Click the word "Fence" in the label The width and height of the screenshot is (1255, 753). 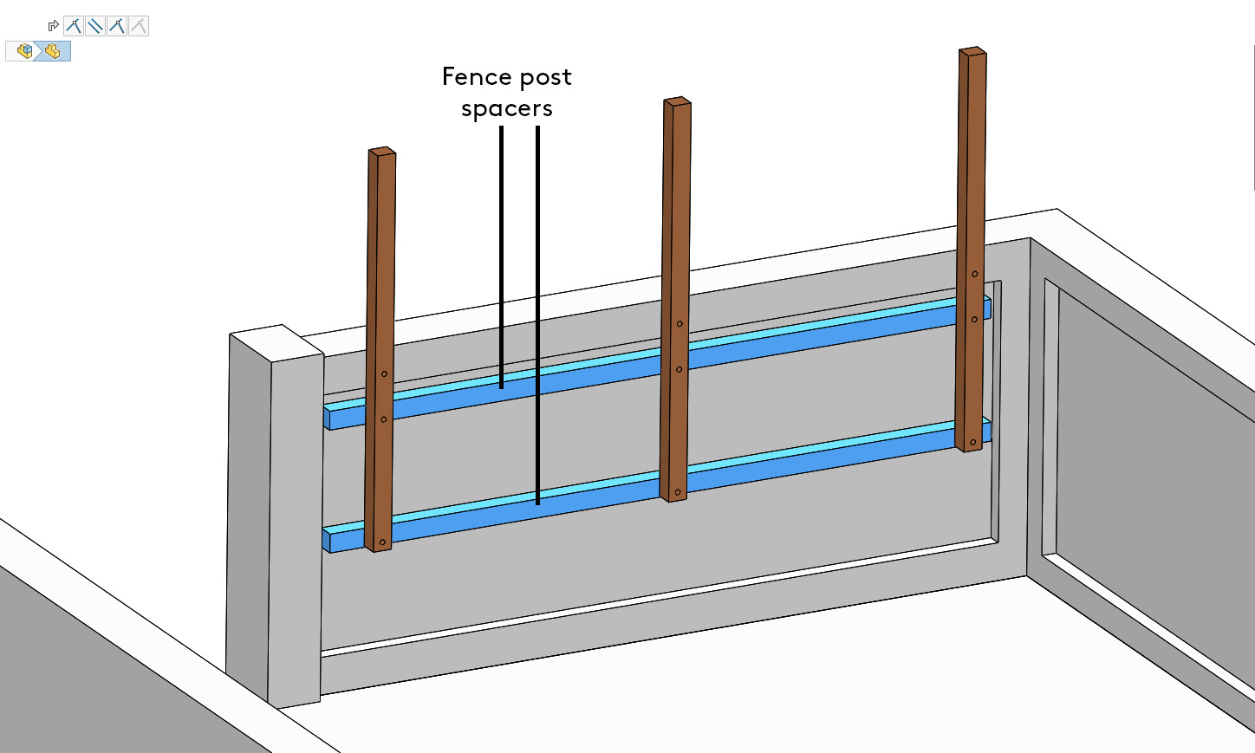(x=477, y=77)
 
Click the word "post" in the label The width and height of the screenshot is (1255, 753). (x=546, y=79)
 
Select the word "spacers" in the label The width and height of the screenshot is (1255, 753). (x=506, y=108)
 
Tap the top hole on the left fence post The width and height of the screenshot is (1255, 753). (x=384, y=373)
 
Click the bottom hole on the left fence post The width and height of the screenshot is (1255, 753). (x=383, y=542)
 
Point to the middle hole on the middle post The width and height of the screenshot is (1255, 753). (x=679, y=370)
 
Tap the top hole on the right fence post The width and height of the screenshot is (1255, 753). (x=975, y=274)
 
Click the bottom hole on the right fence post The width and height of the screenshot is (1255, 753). (x=973, y=442)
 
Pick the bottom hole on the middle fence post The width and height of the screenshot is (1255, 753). (x=678, y=492)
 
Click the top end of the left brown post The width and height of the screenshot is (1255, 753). (x=382, y=152)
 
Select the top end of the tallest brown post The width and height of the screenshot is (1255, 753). (x=972, y=51)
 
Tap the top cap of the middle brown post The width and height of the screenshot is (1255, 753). (x=678, y=101)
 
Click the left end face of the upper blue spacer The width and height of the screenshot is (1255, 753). (x=328, y=419)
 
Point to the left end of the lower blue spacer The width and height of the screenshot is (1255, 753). (x=327, y=541)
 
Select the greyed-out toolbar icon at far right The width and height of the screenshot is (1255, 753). (x=139, y=26)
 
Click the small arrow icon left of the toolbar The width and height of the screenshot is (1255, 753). (x=53, y=26)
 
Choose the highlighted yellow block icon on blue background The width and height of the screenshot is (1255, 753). (x=52, y=51)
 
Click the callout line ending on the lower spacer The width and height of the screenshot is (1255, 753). (x=538, y=315)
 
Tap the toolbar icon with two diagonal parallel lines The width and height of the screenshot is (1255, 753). (x=95, y=26)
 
